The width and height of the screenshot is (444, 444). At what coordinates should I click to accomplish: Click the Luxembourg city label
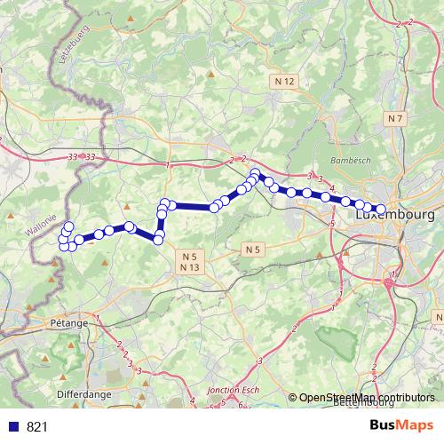396,216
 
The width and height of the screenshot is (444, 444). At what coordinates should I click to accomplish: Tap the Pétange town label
68,323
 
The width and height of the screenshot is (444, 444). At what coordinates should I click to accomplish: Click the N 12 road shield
284,81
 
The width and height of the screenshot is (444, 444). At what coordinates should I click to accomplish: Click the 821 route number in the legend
37,427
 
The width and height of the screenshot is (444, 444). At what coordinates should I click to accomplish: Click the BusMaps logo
403,426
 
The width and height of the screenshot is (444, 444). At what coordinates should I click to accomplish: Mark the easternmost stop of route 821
381,210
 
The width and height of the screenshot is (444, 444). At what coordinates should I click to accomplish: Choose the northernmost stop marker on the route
256,173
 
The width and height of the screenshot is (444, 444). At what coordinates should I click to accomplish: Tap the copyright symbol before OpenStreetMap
293,398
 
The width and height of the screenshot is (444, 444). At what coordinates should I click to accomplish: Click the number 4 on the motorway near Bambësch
331,188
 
